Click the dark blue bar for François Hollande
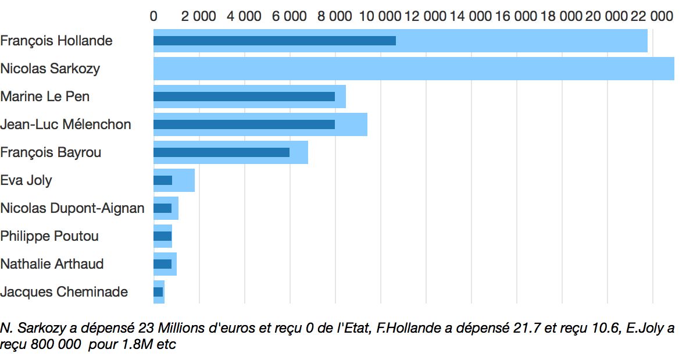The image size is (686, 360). pyautogui.click(x=274, y=41)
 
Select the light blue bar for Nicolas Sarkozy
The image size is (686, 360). pyautogui.click(x=413, y=69)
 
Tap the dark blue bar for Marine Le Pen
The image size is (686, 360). pyautogui.click(x=244, y=97)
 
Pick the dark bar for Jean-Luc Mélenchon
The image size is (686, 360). pyautogui.click(x=244, y=124)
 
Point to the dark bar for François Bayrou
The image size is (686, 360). pyautogui.click(x=221, y=152)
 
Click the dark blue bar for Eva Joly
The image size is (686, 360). pyautogui.click(x=163, y=180)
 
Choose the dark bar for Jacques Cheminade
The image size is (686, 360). pyautogui.click(x=158, y=292)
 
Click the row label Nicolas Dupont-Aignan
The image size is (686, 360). pyautogui.click(x=72, y=208)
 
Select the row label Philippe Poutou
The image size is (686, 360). pyautogui.click(x=49, y=236)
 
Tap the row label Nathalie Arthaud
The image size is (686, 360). pyautogui.click(x=52, y=264)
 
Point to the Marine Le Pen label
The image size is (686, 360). pyautogui.click(x=45, y=97)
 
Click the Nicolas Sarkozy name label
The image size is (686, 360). pyautogui.click(x=50, y=69)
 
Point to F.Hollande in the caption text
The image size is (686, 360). pyautogui.click(x=408, y=328)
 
